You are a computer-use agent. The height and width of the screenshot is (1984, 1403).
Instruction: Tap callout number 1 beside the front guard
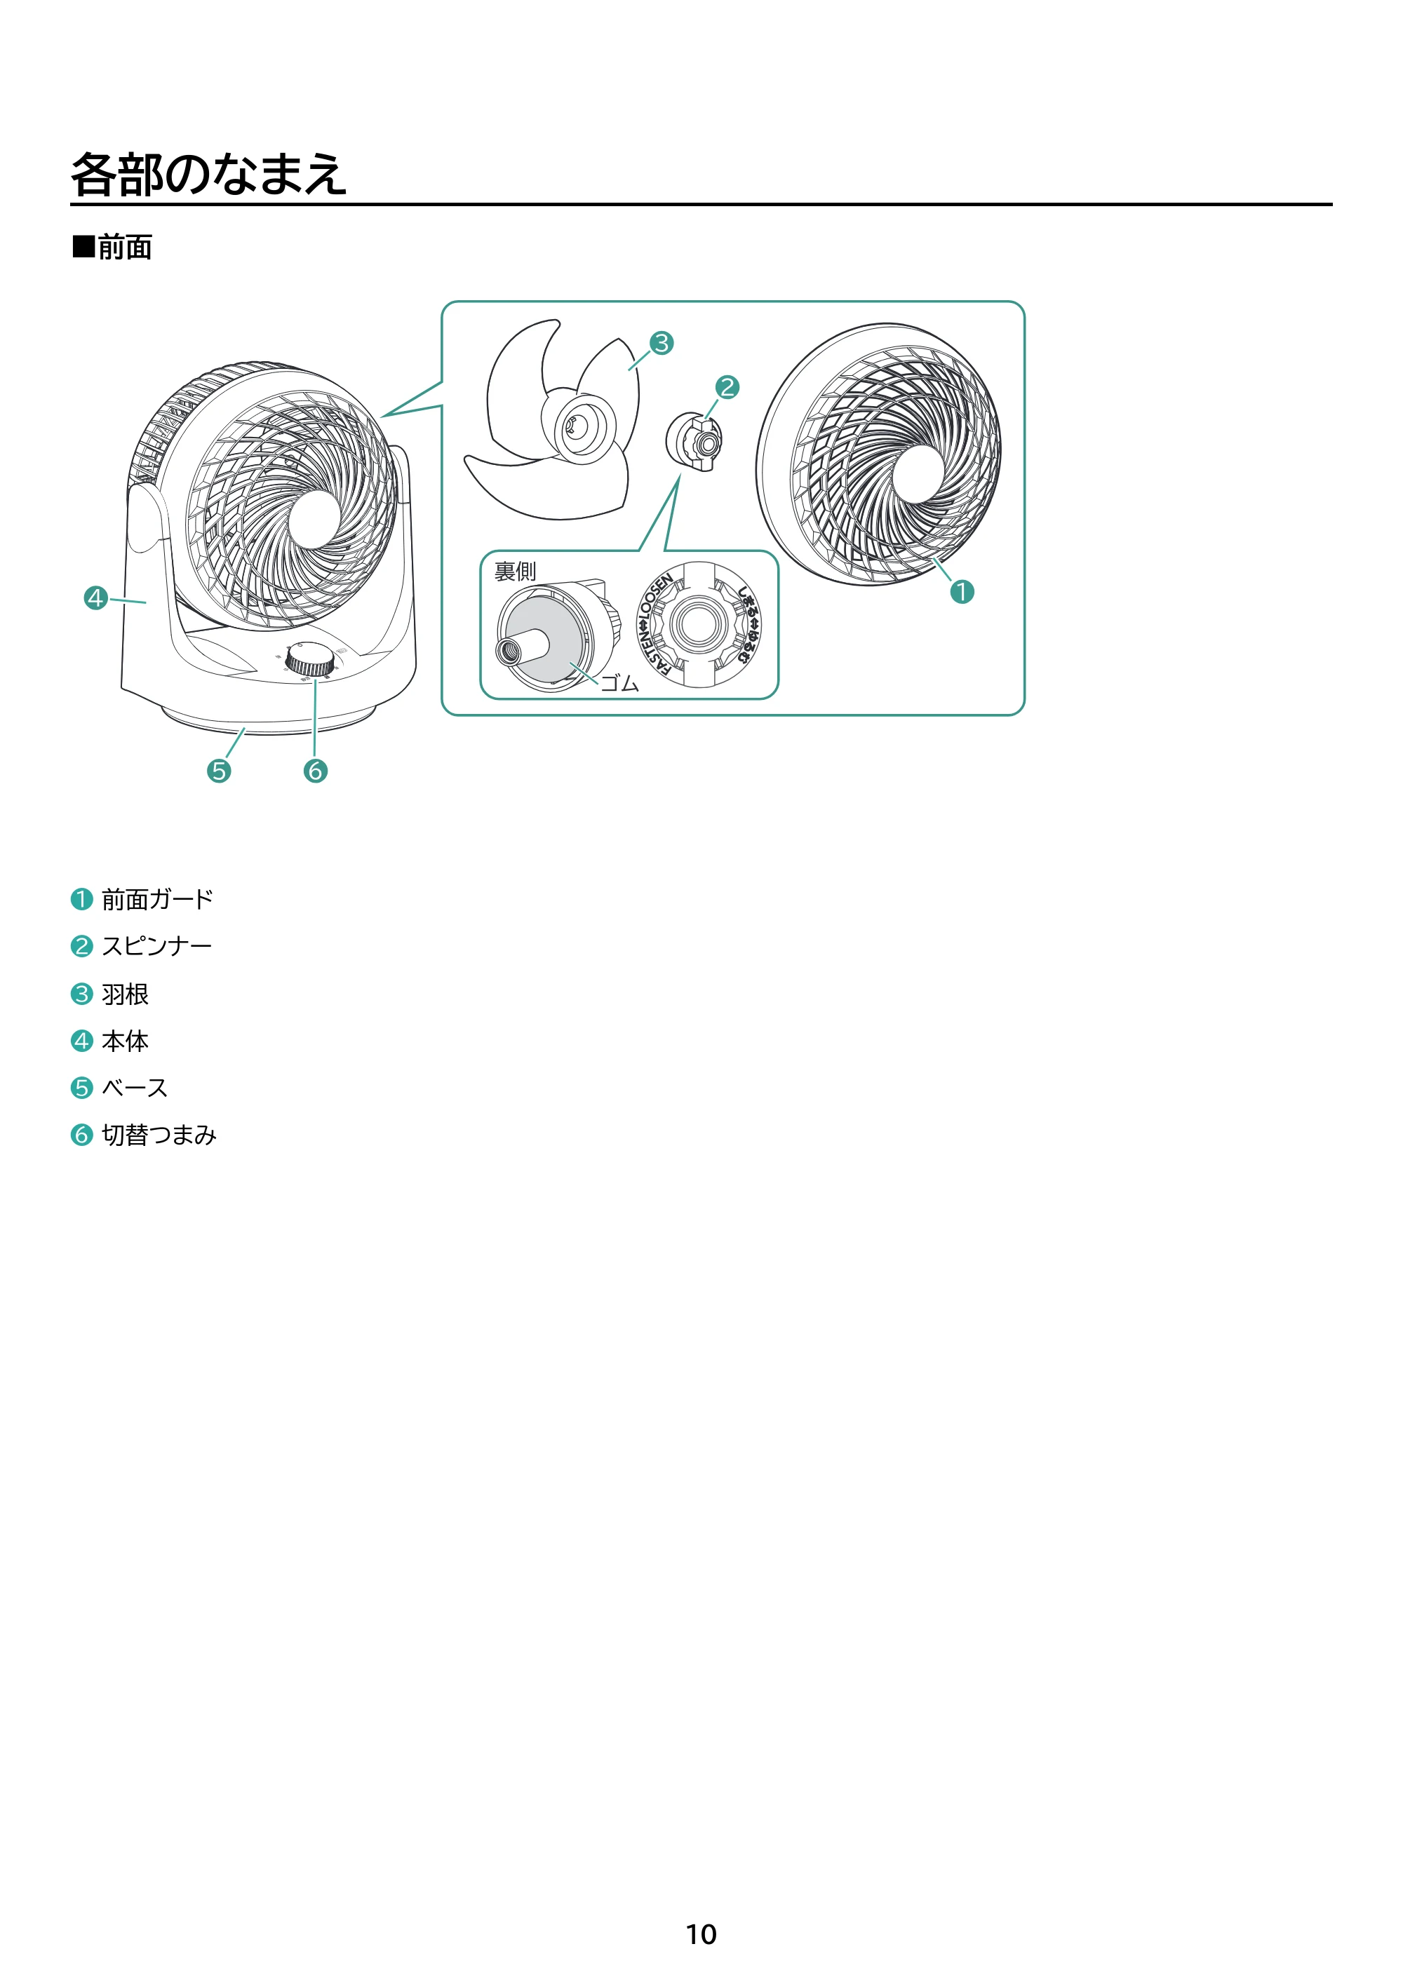tap(962, 592)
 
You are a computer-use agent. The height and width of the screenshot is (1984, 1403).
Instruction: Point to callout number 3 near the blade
tap(662, 343)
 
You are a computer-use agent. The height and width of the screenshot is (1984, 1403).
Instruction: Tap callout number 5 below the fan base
tap(219, 770)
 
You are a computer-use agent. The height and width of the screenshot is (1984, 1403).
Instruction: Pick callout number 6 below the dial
tap(316, 770)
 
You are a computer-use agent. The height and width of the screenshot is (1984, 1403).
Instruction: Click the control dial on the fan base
tap(310, 659)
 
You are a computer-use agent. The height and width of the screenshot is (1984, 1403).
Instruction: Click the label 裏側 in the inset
tap(515, 571)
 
